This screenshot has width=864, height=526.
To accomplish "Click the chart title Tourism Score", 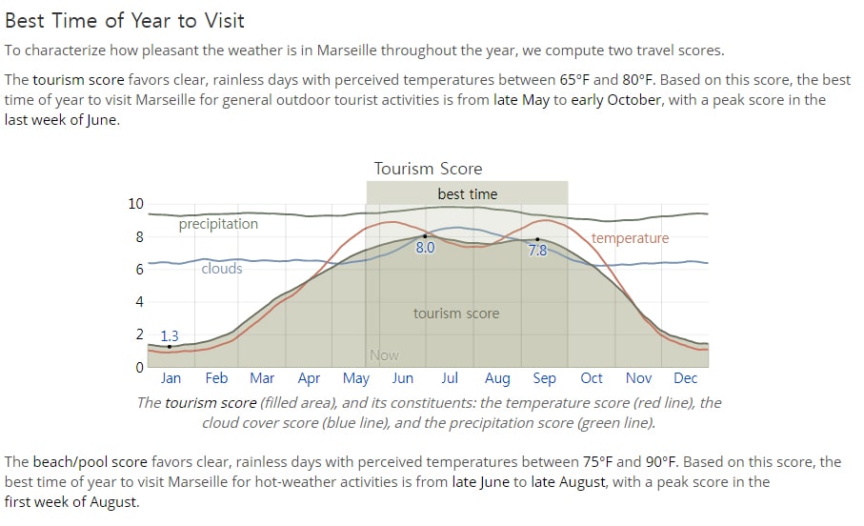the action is (x=428, y=168).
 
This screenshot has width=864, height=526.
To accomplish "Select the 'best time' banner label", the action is (x=468, y=194).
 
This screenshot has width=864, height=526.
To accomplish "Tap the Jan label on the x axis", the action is (x=171, y=378).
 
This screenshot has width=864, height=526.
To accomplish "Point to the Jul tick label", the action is (x=449, y=378).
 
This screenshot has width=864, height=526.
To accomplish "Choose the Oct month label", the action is (x=592, y=378).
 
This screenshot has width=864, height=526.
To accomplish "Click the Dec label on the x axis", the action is (x=686, y=378).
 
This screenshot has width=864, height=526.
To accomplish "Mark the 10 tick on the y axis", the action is (x=135, y=204).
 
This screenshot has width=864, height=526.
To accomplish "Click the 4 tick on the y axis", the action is (x=139, y=302).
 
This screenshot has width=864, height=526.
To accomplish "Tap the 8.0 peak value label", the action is (x=425, y=248).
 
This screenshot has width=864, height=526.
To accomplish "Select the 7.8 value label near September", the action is (x=537, y=251).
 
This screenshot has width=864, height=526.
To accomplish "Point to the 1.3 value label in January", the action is (x=170, y=336).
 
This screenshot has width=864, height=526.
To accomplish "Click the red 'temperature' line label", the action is (x=630, y=238).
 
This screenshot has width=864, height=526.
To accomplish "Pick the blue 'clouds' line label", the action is (x=222, y=269).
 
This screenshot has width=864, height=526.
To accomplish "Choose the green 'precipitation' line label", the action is (x=218, y=224).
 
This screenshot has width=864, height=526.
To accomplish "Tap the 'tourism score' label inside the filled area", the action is (x=456, y=314).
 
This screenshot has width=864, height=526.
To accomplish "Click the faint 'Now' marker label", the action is (x=384, y=355).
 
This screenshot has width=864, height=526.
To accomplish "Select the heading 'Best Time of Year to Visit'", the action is (x=125, y=20).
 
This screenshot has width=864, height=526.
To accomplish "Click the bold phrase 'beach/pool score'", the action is (x=90, y=462).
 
